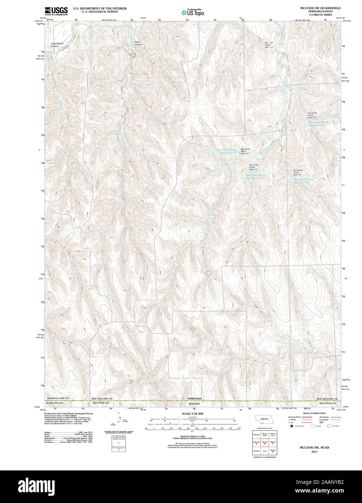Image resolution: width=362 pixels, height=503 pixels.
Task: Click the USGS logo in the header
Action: pyautogui.click(x=56, y=11)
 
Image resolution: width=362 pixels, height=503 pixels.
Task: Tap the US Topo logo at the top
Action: pyautogui.click(x=192, y=12)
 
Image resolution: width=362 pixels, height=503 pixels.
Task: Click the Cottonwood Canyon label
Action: pyautogui.click(x=55, y=45)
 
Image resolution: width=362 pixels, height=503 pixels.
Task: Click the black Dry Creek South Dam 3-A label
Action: pyautogui.click(x=312, y=115)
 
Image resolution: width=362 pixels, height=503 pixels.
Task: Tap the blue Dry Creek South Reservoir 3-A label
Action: pyautogui.click(x=319, y=124)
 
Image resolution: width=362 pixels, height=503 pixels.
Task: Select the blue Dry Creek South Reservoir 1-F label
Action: pyautogui.click(x=226, y=151)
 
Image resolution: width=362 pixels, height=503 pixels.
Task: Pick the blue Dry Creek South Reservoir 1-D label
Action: pyautogui.click(x=303, y=181)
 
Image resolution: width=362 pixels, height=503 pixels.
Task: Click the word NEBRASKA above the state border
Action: pyautogui.click(x=194, y=398)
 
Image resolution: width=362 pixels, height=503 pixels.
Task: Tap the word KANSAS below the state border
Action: pyautogui.click(x=194, y=403)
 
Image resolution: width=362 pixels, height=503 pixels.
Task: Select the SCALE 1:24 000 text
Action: pyautogui.click(x=192, y=414)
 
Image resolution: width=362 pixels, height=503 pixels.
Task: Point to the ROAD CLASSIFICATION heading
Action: pyautogui.click(x=311, y=413)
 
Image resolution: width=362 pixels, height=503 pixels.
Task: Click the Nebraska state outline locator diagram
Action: pyautogui.click(x=264, y=419)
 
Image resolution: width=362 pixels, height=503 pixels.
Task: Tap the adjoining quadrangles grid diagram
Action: pyautogui.click(x=264, y=443)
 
